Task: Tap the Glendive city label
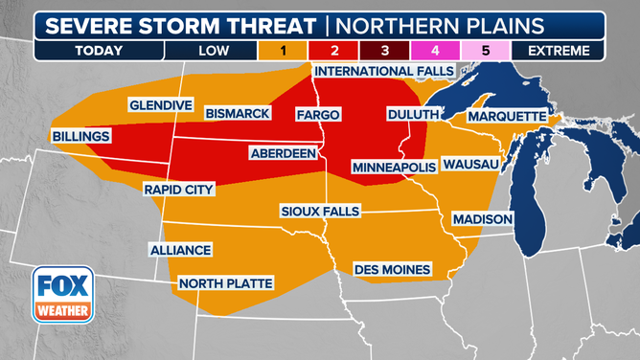pos(160,104)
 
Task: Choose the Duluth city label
pos(412,114)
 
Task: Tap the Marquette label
pos(505,117)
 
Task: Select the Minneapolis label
pos(394,167)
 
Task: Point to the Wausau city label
pos(470,165)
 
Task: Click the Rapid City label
pos(177,190)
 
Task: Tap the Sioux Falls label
pos(321,210)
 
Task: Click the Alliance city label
pos(179,250)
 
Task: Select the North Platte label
pos(225,283)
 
